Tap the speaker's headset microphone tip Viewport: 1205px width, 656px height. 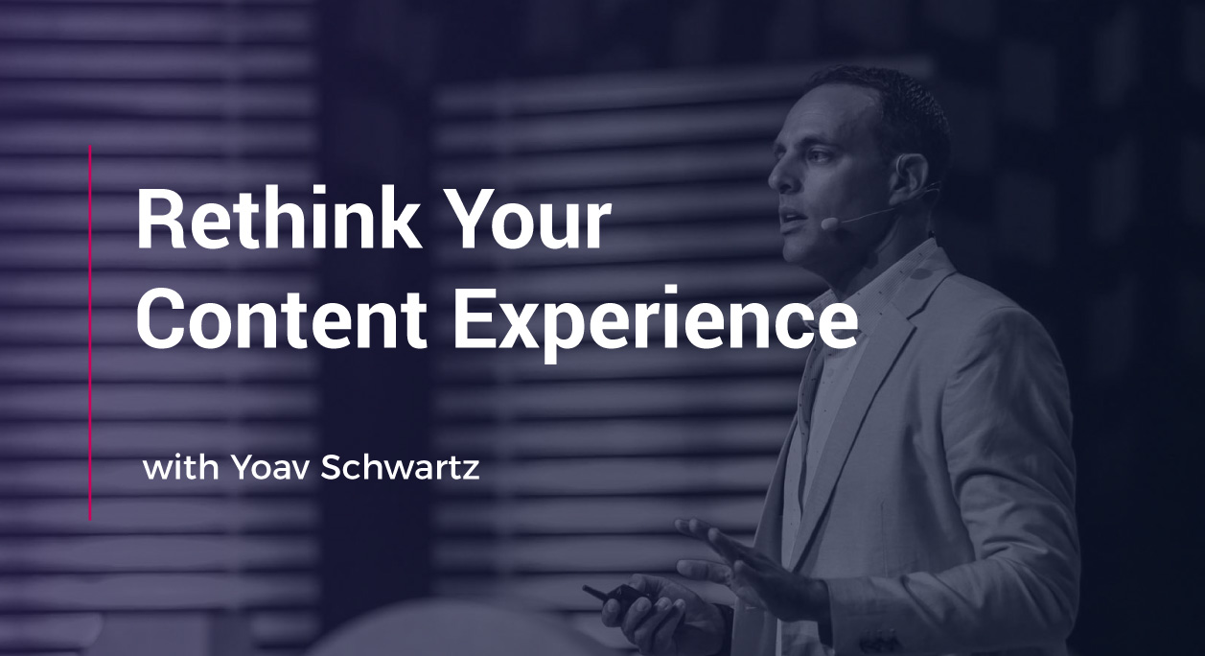tap(827, 223)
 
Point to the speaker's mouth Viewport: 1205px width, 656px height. tap(792, 219)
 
